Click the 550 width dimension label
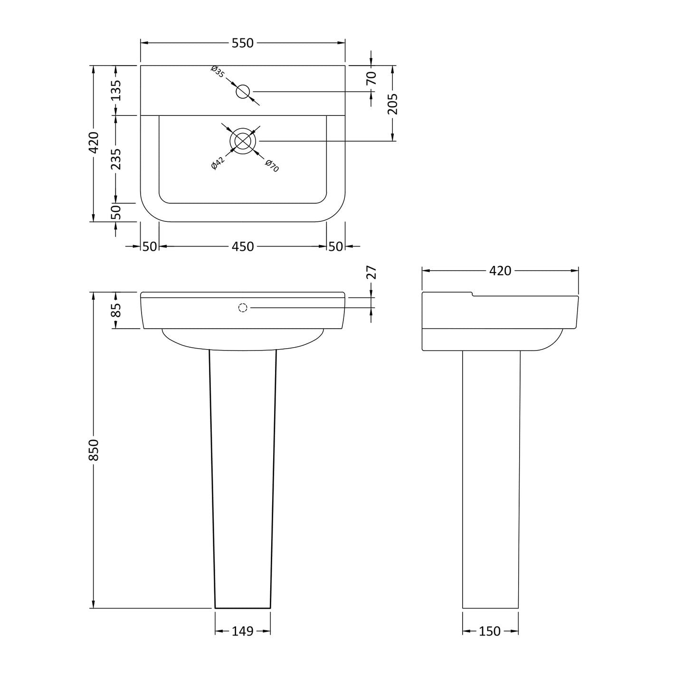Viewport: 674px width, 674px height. point(242,43)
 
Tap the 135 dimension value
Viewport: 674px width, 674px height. point(116,90)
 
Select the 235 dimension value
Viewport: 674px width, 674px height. point(116,159)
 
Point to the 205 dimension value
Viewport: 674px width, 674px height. point(393,104)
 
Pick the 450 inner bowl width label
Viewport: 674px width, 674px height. point(242,247)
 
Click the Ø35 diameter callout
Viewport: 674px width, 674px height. point(218,71)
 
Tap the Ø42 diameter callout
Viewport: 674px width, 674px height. point(218,163)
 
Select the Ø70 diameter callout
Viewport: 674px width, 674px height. point(272,165)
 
